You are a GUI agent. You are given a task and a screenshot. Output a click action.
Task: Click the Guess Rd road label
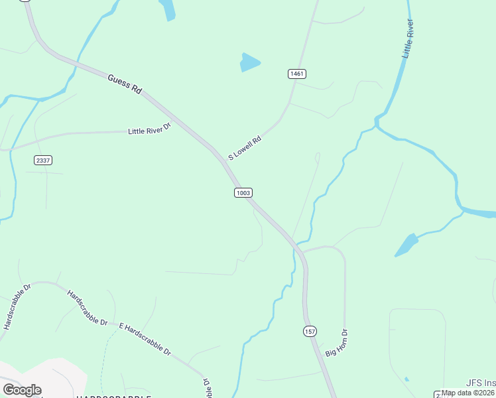click(x=125, y=84)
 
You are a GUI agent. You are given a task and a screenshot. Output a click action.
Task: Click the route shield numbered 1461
click(x=296, y=74)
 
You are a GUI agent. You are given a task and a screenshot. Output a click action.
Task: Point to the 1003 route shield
click(x=243, y=192)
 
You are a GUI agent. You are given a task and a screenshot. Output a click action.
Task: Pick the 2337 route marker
click(x=42, y=161)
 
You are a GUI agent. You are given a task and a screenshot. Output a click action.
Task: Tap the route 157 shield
click(x=310, y=331)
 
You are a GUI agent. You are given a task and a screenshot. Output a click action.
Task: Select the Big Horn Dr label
click(x=337, y=342)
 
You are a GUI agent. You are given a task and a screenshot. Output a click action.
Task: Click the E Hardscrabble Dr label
click(x=145, y=340)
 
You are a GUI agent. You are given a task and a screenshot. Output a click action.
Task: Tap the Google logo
click(x=22, y=390)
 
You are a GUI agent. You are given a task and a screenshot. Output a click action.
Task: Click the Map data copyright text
click(x=468, y=393)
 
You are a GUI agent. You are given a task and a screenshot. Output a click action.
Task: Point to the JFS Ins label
click(x=480, y=383)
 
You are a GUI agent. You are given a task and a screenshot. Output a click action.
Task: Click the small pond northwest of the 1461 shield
click(x=249, y=62)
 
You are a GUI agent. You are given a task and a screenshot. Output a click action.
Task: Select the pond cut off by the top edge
click(x=168, y=9)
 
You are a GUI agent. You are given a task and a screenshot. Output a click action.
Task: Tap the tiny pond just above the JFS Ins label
click(x=406, y=379)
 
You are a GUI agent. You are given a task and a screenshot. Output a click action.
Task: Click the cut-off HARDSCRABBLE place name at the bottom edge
click(x=113, y=396)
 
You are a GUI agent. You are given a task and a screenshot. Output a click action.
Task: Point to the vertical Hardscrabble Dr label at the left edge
click(x=18, y=307)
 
